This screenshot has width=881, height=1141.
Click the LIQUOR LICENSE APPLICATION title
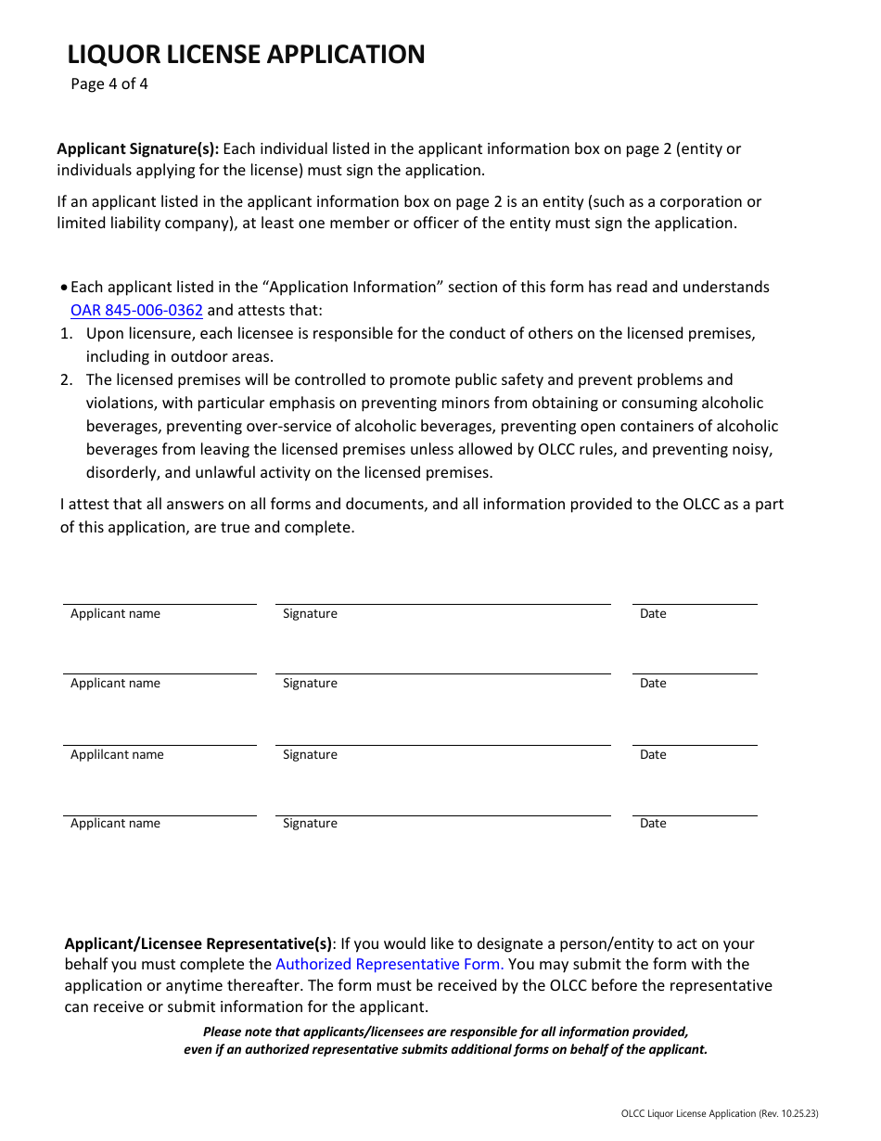click(246, 55)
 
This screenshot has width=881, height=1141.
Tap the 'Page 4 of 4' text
click(109, 84)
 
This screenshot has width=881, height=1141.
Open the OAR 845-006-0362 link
click(136, 311)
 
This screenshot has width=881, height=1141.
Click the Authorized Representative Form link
click(389, 965)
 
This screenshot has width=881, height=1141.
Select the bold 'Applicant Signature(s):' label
click(138, 148)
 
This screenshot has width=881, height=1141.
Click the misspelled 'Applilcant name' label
click(117, 755)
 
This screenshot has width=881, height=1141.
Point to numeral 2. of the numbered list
click(66, 380)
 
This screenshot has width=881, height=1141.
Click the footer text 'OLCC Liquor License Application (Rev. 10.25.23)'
click(720, 1113)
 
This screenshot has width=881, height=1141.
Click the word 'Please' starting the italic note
click(223, 1032)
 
